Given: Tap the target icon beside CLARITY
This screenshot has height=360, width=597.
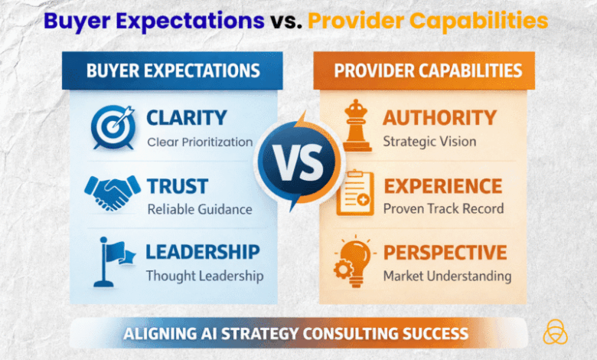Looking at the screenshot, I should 113,127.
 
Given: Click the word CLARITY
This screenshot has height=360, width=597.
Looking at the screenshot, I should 186,118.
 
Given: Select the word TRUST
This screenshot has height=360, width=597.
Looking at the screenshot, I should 177,185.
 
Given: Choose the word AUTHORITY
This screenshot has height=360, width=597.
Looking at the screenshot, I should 439,118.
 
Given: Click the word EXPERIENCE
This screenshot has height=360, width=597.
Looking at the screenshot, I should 442,185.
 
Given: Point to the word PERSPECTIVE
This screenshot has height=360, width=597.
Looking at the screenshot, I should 445,252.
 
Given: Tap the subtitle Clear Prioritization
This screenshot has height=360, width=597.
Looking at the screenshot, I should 199,141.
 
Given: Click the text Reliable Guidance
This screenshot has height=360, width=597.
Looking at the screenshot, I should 198,209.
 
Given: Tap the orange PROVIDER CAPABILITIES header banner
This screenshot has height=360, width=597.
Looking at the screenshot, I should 428,71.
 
